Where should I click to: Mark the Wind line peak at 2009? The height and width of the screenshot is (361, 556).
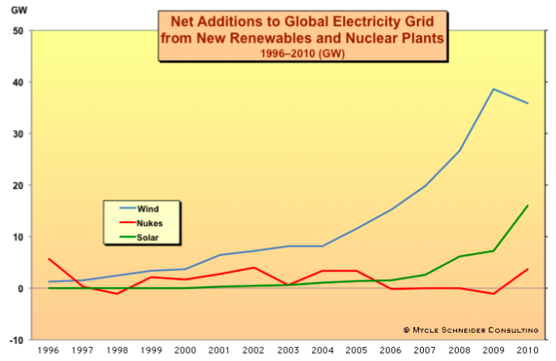(x=494, y=89)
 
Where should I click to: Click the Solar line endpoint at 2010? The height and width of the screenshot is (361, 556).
(x=528, y=206)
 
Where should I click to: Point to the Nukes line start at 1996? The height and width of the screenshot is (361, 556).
(x=49, y=259)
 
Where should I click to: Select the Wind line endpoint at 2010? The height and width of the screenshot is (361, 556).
(x=528, y=103)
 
